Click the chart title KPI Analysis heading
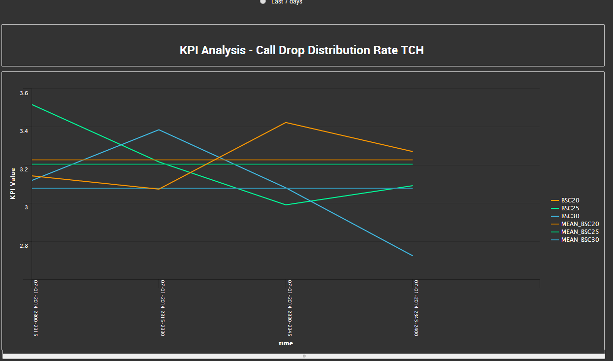pos(301,50)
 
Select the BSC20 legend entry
pos(570,200)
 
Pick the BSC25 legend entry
pos(570,208)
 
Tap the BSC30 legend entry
pos(570,216)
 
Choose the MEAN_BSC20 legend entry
pos(580,224)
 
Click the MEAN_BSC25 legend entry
pos(580,232)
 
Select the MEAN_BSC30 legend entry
pos(580,240)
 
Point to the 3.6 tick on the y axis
pos(24,93)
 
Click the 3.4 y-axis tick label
pos(24,131)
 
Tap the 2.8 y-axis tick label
pos(24,245)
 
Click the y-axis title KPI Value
pos(13,183)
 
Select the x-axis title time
pos(286,343)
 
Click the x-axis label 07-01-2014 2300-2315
pos(36,308)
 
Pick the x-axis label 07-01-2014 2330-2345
pos(290,308)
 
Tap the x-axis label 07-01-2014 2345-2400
pos(416,308)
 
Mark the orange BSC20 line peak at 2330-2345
pos(286,123)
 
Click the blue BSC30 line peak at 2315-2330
pos(159,130)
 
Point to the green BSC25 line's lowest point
pos(286,205)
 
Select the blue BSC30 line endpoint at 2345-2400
pos(412,256)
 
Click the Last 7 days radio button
pos(263,1)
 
